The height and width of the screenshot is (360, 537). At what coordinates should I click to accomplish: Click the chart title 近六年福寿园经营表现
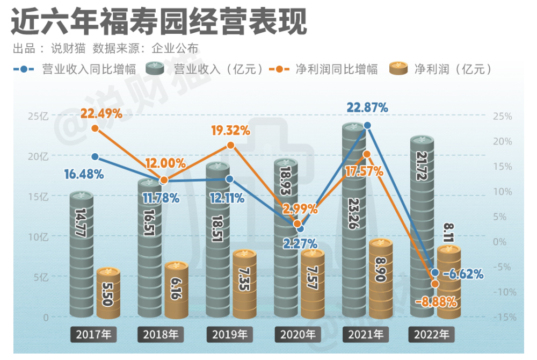159,21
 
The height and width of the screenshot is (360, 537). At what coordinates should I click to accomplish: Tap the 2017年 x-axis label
93,334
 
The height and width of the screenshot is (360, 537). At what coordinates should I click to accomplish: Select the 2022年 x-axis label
432,334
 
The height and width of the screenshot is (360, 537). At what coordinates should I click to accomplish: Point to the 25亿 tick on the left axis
38,117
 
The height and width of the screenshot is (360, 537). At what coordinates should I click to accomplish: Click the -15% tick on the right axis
505,317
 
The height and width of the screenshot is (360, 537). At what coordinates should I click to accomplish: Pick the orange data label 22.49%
101,113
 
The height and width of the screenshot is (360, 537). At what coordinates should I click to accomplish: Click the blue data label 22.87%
367,107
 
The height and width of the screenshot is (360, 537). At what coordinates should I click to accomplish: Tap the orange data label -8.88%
436,302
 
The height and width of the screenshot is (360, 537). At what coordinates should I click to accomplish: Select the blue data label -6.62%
463,273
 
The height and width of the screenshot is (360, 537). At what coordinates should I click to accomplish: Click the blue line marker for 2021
367,126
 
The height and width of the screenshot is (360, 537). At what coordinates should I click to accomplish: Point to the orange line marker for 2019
231,145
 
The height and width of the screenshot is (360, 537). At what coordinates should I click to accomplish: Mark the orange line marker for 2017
95,128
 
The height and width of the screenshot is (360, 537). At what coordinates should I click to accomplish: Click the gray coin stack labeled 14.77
82,254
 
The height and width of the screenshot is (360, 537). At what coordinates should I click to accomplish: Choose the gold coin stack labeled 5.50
108,293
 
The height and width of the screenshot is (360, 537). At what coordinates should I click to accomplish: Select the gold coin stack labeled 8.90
381,278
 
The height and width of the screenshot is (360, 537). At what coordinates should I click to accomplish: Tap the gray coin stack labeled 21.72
422,226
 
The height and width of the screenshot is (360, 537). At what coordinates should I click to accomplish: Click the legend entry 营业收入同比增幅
75,69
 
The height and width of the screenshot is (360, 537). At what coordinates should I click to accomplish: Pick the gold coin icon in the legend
398,68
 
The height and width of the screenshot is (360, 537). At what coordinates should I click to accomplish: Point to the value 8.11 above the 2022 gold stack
448,233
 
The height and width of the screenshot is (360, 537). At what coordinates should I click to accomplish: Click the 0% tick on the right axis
499,242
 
